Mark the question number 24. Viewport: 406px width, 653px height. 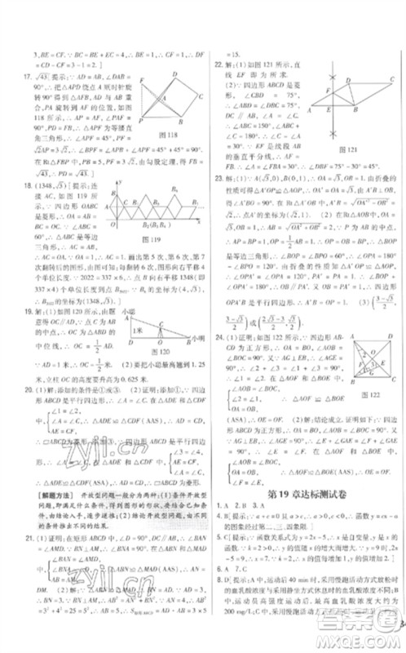[218, 335]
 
